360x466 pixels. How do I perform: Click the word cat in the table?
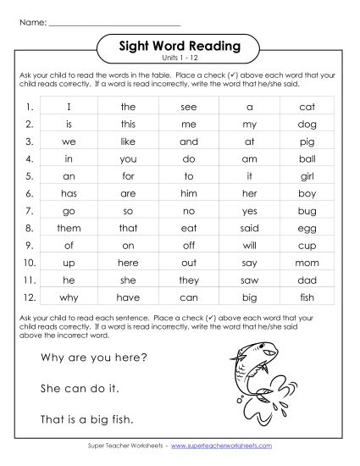point(307,108)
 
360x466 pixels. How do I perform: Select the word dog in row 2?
point(307,125)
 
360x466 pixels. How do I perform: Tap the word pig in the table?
point(307,142)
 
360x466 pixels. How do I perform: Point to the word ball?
point(307,159)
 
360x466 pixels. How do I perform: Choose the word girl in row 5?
point(307,177)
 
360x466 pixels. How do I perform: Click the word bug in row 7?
point(307,211)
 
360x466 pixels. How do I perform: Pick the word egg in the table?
point(307,229)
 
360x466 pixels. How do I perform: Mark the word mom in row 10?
point(307,264)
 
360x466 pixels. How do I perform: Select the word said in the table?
point(250,229)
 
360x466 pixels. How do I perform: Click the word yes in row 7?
point(250,211)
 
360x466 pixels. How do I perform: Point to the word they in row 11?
point(189,280)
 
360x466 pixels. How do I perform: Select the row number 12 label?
point(28,297)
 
